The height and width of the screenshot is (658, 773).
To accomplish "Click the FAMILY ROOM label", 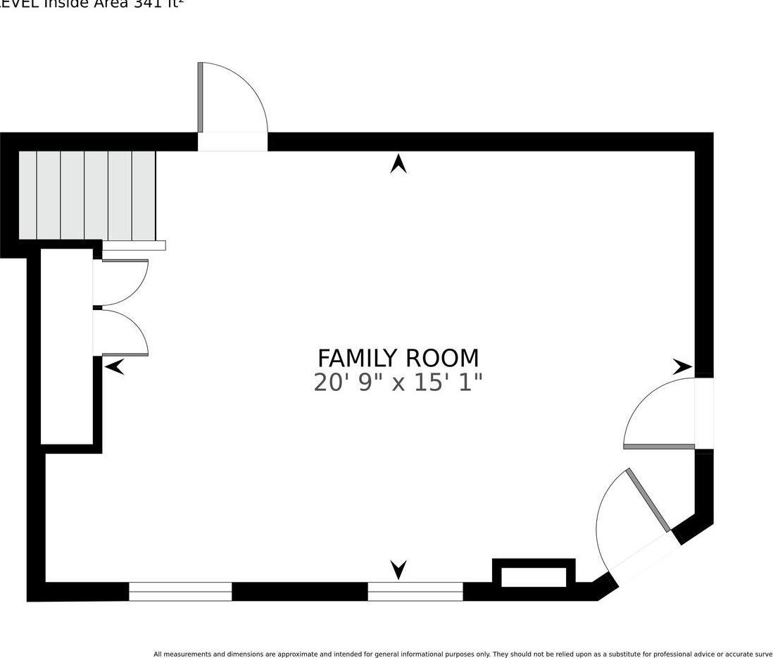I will click(x=398, y=358).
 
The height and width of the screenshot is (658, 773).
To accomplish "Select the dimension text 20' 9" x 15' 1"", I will click(x=398, y=383).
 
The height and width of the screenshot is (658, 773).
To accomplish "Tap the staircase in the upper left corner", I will click(x=87, y=194).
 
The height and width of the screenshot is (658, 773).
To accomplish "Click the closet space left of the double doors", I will click(x=67, y=345).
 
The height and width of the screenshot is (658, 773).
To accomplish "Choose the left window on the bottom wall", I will click(x=180, y=592).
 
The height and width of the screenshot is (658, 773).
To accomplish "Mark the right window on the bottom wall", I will click(x=415, y=592).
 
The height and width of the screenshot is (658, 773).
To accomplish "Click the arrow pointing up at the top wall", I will click(x=398, y=164).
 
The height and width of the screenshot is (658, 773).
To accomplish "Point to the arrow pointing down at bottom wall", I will click(x=398, y=569).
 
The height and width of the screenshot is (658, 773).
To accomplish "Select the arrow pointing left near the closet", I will click(x=115, y=366).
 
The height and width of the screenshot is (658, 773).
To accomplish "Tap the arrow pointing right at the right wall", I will click(x=681, y=366).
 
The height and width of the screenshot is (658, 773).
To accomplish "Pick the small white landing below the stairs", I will click(x=134, y=246).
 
